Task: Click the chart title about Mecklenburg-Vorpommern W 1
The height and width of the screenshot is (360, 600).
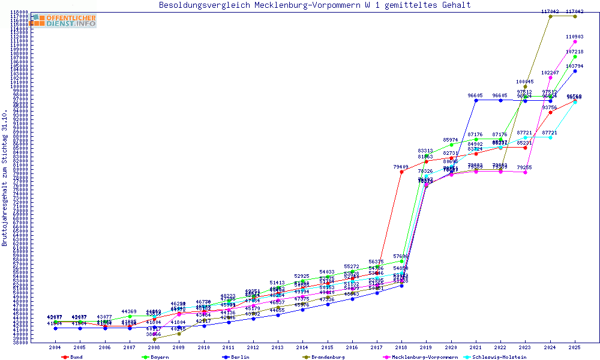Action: pyautogui.click(x=314, y=5)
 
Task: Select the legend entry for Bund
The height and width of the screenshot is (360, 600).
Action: pyautogui.click(x=73, y=357)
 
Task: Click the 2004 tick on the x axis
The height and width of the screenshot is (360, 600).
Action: pyautogui.click(x=55, y=347)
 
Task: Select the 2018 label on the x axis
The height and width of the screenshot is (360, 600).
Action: pyautogui.click(x=401, y=347)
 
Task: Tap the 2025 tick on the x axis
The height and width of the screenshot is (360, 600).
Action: pyautogui.click(x=575, y=347)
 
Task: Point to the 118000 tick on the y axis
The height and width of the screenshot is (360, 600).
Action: pyautogui.click(x=20, y=12)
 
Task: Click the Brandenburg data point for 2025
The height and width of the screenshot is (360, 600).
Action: pyautogui.click(x=575, y=16)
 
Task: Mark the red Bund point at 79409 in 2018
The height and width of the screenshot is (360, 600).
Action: pyautogui.click(x=401, y=172)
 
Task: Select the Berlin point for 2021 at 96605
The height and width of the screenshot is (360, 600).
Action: pyautogui.click(x=476, y=100)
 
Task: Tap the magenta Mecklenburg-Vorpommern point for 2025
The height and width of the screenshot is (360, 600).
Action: pyautogui.click(x=575, y=41)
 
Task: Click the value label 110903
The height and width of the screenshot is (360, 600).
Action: pyautogui.click(x=575, y=37)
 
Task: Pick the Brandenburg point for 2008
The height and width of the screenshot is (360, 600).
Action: pyautogui.click(x=154, y=339)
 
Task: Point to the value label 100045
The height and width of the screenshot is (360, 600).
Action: pyautogui.click(x=525, y=82)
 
